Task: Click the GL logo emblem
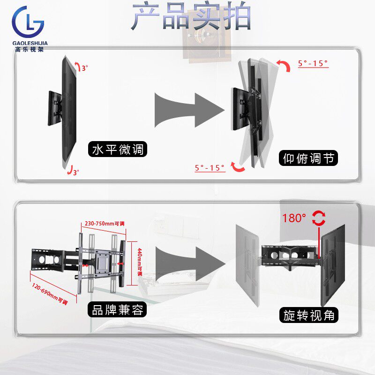tap(29, 22)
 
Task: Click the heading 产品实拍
tap(191, 16)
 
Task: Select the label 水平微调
tap(118, 150)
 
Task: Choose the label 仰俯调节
tap(309, 158)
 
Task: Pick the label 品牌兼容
tap(118, 309)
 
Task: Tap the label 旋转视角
tap(309, 315)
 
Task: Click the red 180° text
tap(294, 218)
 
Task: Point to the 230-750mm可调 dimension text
tap(105, 224)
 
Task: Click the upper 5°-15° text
tap(313, 63)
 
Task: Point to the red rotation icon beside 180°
tap(320, 217)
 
